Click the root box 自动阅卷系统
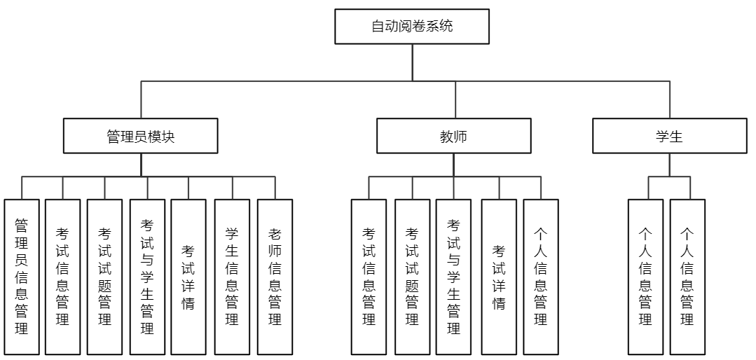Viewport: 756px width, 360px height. click(x=411, y=27)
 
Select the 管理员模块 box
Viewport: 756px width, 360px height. click(x=141, y=136)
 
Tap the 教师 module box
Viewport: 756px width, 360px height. click(x=453, y=136)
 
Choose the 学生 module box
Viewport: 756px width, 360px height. click(x=669, y=136)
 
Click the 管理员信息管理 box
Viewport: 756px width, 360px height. click(x=22, y=277)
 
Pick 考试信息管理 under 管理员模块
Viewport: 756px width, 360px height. click(x=62, y=277)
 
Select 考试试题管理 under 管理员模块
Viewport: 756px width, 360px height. click(x=104, y=277)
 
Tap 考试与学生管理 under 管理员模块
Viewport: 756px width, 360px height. click(x=147, y=277)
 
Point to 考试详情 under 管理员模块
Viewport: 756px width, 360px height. click(x=188, y=277)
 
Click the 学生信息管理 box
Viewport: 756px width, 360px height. click(x=232, y=277)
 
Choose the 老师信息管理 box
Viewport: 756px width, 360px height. click(x=275, y=277)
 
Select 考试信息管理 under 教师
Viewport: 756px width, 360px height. click(x=369, y=277)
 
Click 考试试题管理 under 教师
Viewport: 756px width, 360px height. click(x=412, y=277)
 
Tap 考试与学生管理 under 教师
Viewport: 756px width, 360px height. click(x=453, y=277)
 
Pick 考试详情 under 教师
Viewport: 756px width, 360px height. click(x=499, y=277)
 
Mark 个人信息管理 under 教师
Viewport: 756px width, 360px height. click(x=541, y=277)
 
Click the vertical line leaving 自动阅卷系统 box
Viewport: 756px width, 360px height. click(x=411, y=62)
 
